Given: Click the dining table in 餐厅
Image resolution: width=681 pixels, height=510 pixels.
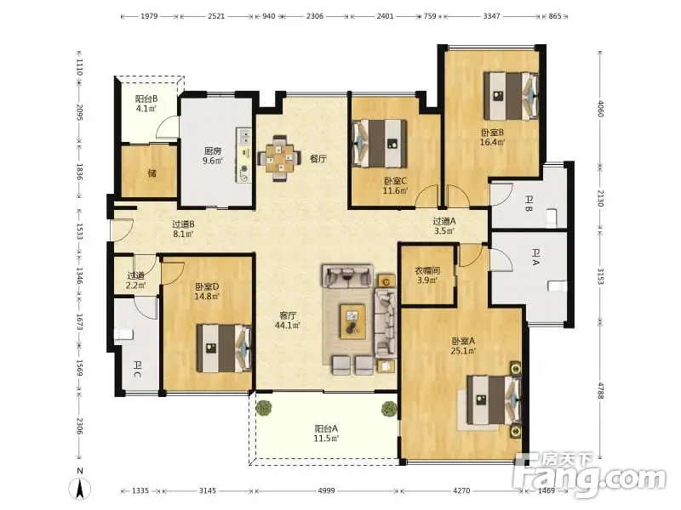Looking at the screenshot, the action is (x=280, y=158).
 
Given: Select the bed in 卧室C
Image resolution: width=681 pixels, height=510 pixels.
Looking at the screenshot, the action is (x=380, y=144).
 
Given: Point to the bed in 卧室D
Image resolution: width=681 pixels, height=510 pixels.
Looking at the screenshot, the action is (x=224, y=348).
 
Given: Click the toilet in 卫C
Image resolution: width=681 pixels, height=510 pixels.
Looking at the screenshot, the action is (x=123, y=334).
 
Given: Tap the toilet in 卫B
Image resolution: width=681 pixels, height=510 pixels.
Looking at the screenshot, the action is (x=552, y=217).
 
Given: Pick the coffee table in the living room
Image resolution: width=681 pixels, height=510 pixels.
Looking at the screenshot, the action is (x=352, y=320).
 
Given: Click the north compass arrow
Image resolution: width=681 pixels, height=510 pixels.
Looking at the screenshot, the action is (x=80, y=489).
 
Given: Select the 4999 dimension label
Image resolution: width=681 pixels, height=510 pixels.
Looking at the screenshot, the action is (x=327, y=490).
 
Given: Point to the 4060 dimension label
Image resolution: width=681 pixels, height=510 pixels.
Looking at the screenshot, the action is (x=600, y=109).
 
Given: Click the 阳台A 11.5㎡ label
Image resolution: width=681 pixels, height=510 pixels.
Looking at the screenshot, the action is (x=326, y=433).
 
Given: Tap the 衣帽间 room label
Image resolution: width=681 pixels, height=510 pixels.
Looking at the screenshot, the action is (x=427, y=270).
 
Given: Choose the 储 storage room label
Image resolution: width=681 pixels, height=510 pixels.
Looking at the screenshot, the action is (x=152, y=173).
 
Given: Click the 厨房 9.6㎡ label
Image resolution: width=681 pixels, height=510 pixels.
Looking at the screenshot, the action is (x=213, y=156).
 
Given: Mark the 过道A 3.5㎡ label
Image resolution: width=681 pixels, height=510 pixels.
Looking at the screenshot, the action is (x=444, y=225).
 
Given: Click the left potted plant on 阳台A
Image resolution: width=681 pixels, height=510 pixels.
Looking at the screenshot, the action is (x=263, y=408).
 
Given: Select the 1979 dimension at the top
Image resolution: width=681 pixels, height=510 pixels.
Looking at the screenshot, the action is (x=149, y=16).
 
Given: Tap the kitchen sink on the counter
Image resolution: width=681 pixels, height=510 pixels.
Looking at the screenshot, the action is (x=244, y=136).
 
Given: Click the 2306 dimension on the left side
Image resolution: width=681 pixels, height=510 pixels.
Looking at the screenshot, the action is (x=79, y=426).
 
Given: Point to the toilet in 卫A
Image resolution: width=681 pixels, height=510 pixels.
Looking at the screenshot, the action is (x=558, y=286).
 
